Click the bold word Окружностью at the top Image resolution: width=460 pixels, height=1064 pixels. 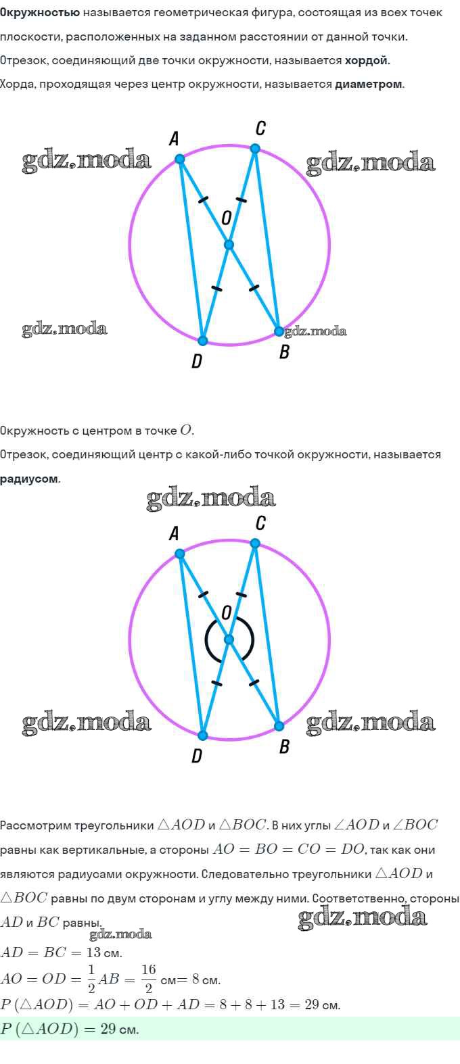coord(40,13)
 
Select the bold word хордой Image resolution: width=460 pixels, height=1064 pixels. coord(367,61)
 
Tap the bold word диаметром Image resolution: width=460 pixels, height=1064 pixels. coord(369,84)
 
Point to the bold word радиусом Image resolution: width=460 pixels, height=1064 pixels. coord(30,479)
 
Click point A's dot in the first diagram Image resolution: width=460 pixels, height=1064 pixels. coord(180,159)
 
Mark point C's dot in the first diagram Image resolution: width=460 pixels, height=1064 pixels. coord(255,149)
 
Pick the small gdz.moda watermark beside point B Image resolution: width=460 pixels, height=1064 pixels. coord(315,331)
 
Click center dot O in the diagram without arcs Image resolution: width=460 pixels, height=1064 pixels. coord(229,245)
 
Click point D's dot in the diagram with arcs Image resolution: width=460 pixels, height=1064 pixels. coord(203,735)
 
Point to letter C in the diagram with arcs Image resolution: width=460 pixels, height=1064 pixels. coord(260,523)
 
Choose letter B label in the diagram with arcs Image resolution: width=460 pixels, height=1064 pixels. coord(284,747)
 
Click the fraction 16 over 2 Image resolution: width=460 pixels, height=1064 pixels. coord(148,979)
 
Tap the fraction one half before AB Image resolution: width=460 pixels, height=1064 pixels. coord(91,979)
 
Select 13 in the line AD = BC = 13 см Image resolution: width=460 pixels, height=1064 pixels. coord(93,952)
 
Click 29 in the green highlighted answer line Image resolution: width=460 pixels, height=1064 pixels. coord(108,1029)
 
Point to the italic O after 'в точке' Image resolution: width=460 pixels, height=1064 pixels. coord(185,431)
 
